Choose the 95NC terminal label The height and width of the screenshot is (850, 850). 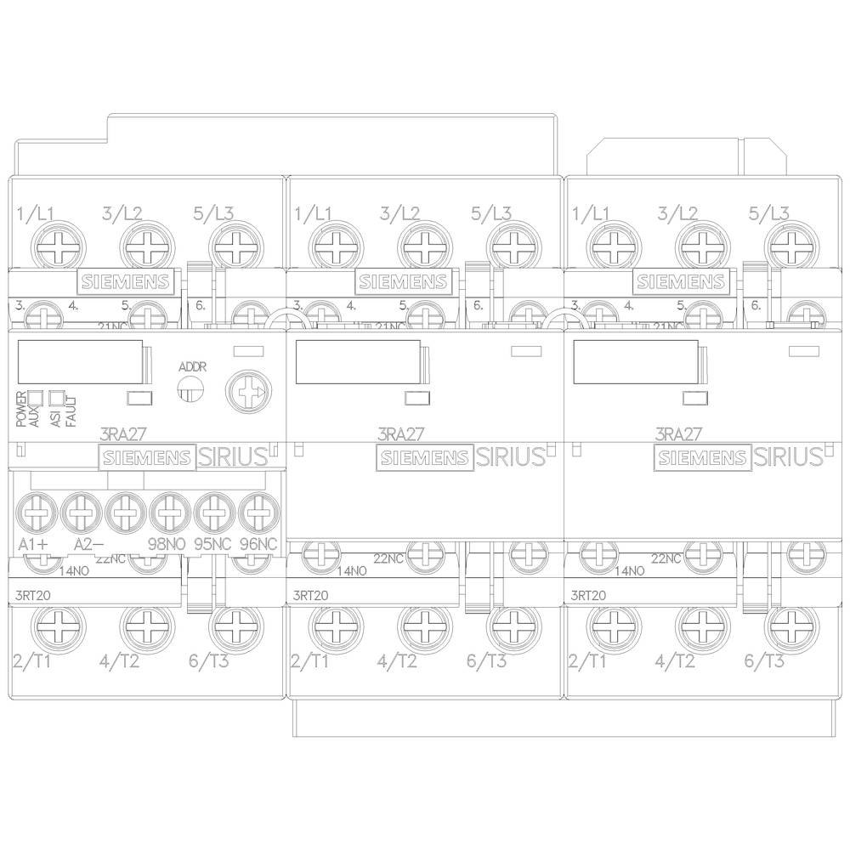pyautogui.click(x=210, y=544)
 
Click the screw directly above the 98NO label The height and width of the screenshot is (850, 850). pyautogui.click(x=165, y=513)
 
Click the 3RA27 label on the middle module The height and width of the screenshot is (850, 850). pyautogui.click(x=398, y=433)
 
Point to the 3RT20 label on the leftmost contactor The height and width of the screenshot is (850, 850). pyautogui.click(x=33, y=594)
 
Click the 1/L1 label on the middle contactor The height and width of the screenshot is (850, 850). pyautogui.click(x=313, y=213)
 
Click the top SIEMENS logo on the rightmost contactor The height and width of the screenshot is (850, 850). pyautogui.click(x=682, y=281)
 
